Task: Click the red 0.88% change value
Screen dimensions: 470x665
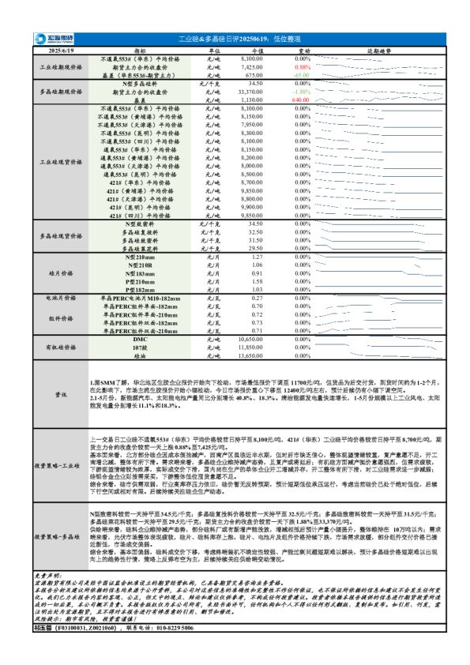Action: [302, 67]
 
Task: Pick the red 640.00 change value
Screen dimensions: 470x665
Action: [300, 100]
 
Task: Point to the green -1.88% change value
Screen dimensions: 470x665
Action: [302, 92]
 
